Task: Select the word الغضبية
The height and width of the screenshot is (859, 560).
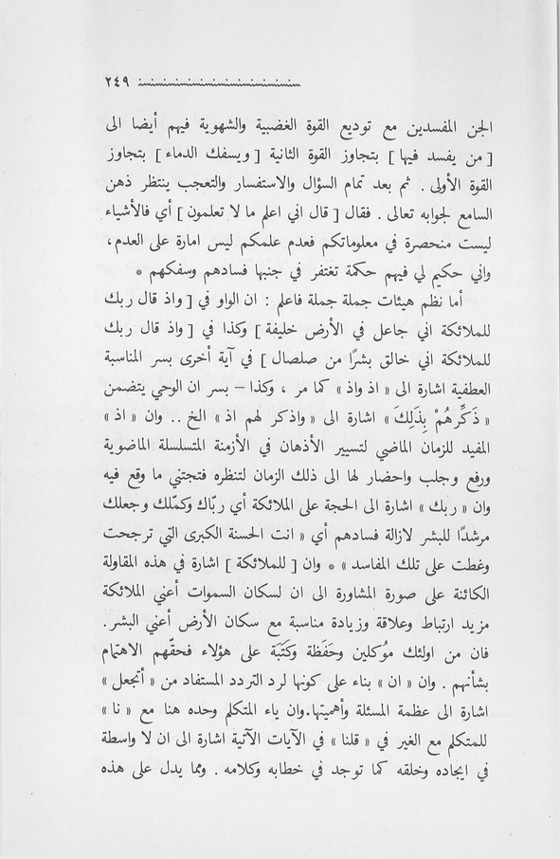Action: tap(287, 124)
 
